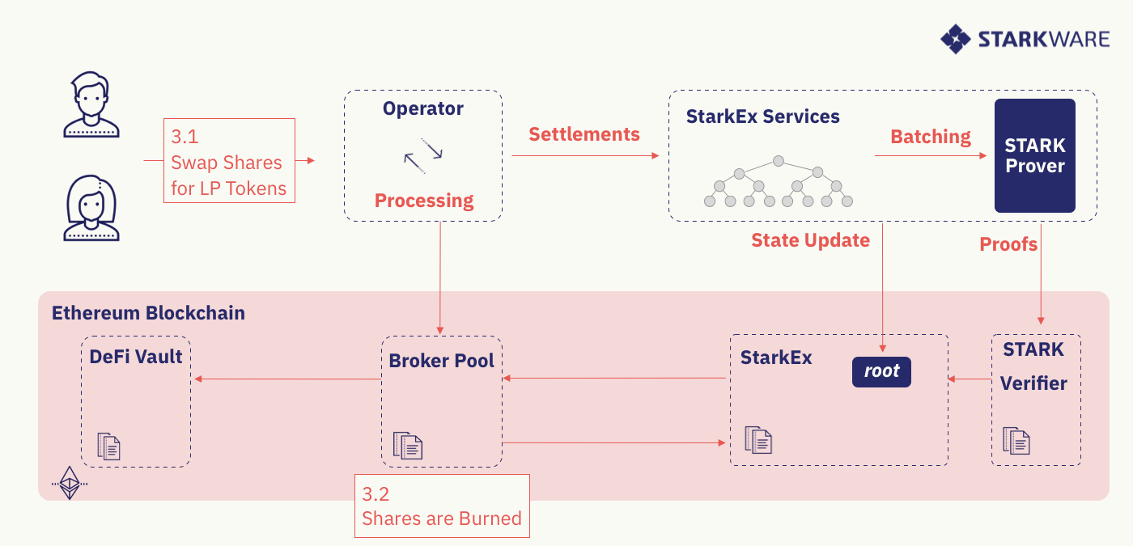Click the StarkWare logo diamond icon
955,39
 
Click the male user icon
91,104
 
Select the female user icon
91,208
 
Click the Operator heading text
422,108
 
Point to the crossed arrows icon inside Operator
422,154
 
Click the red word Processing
423,201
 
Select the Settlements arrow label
583,134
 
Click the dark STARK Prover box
1034,155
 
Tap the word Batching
930,137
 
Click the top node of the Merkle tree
778,161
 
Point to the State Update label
810,240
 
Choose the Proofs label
1008,244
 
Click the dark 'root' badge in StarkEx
881,371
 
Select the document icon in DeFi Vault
108,447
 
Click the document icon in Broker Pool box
408,445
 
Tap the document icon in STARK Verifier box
1016,440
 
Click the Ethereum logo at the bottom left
70,482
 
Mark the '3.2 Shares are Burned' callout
442,506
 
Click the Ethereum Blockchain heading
148,313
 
